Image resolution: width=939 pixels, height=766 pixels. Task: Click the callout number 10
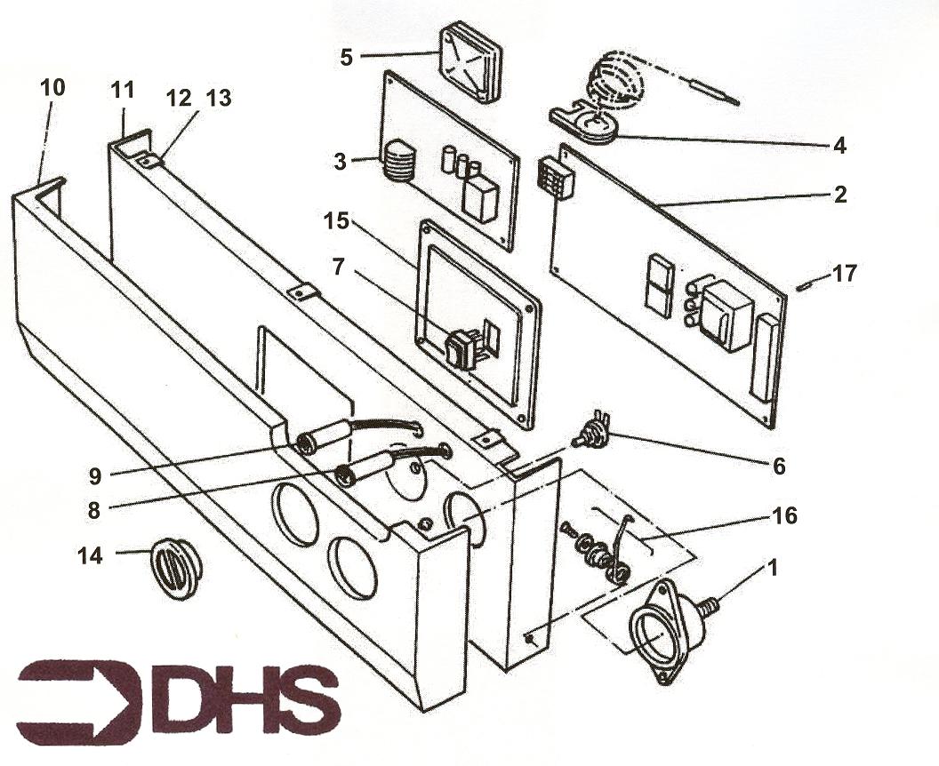[52, 87]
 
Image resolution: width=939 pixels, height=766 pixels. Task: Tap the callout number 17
[845, 274]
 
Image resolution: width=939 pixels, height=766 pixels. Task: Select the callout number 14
[90, 556]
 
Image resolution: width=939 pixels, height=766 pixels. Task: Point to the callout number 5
[346, 58]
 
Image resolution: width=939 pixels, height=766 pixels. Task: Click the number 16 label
[784, 515]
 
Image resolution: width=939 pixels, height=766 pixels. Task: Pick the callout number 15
[336, 220]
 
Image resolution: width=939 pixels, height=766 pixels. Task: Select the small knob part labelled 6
[590, 430]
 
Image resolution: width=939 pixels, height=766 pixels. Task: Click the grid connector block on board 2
[556, 178]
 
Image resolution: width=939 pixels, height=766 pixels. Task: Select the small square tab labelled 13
[146, 160]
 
